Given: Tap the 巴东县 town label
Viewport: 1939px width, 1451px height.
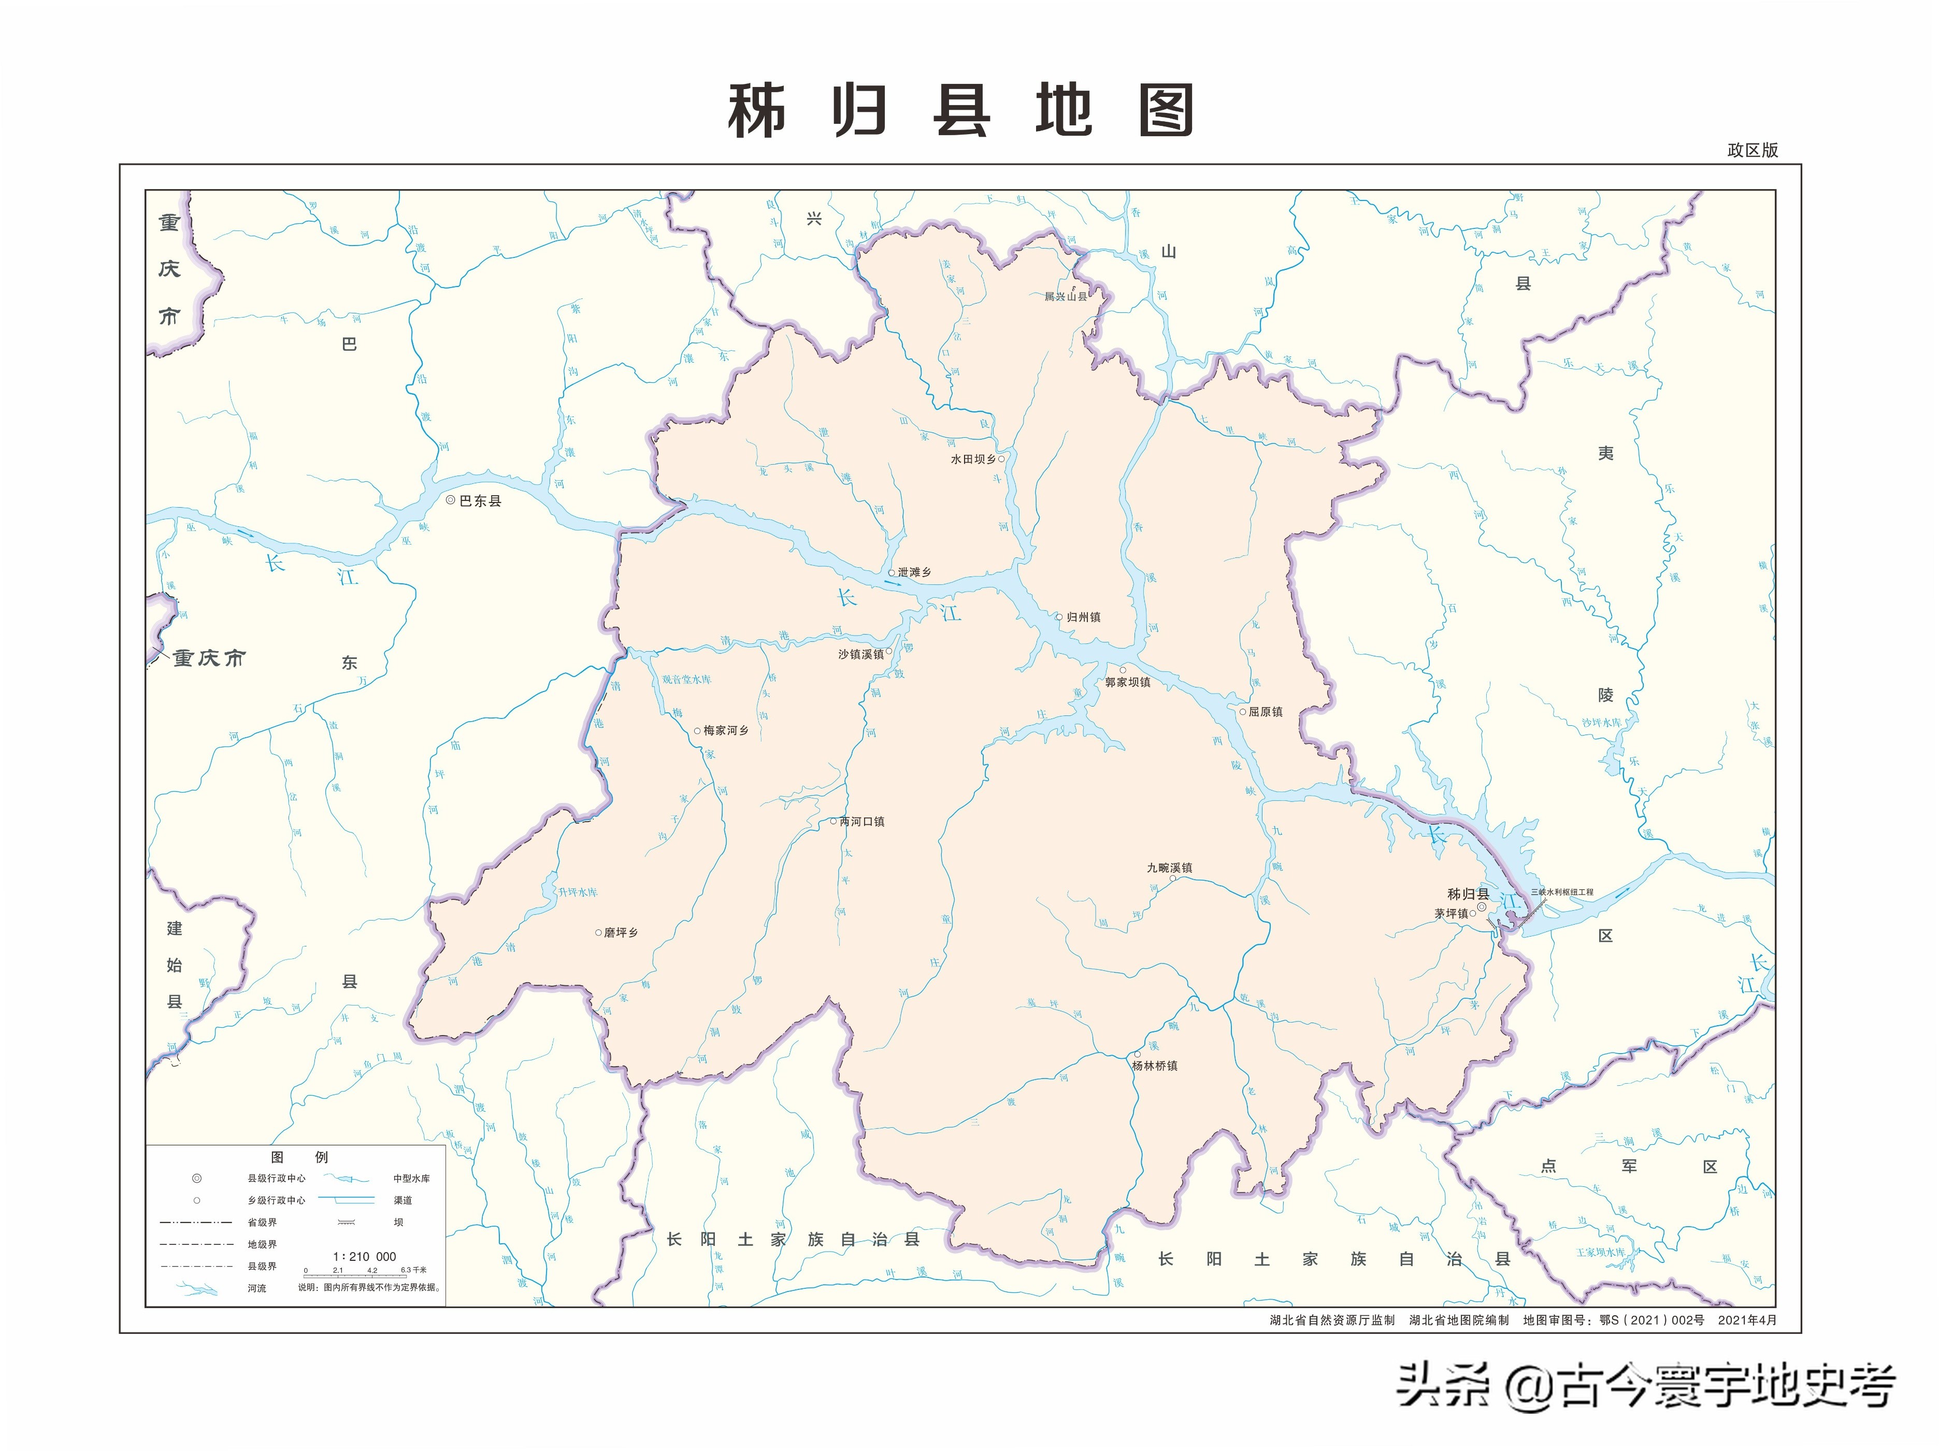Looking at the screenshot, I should (x=480, y=500).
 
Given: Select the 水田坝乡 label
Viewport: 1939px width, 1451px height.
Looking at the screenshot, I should (x=973, y=458).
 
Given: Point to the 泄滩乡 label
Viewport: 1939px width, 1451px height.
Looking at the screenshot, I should (x=914, y=571).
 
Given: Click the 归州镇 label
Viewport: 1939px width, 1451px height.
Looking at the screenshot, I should (x=1083, y=617).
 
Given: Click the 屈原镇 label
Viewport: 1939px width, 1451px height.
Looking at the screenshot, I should (x=1265, y=712).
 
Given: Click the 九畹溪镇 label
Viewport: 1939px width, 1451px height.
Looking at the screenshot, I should (x=1169, y=867).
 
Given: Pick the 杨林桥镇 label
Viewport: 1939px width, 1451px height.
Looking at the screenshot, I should (x=1155, y=1065).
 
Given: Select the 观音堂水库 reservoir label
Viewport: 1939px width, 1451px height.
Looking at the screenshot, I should (x=686, y=680).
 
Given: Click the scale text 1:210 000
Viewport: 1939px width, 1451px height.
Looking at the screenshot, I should (x=365, y=1256).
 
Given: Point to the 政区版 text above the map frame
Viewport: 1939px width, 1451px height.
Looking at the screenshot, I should (x=1753, y=150).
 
